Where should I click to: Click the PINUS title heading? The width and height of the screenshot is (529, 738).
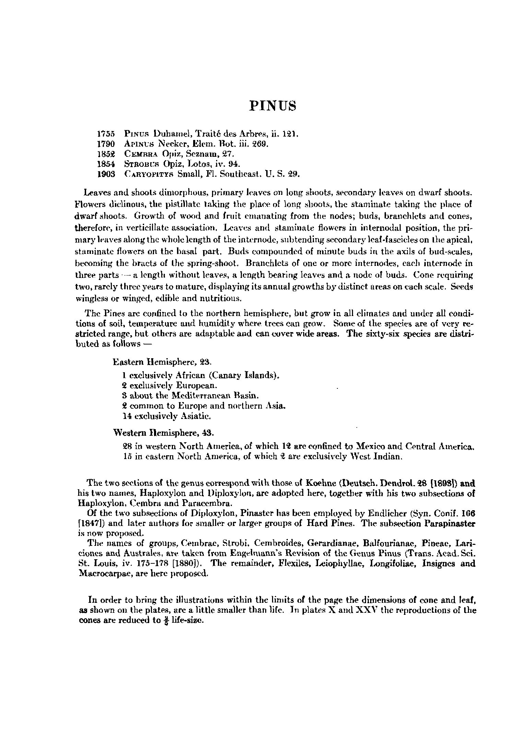(x=272, y=106)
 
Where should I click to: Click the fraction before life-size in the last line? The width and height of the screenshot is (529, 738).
(x=166, y=621)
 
